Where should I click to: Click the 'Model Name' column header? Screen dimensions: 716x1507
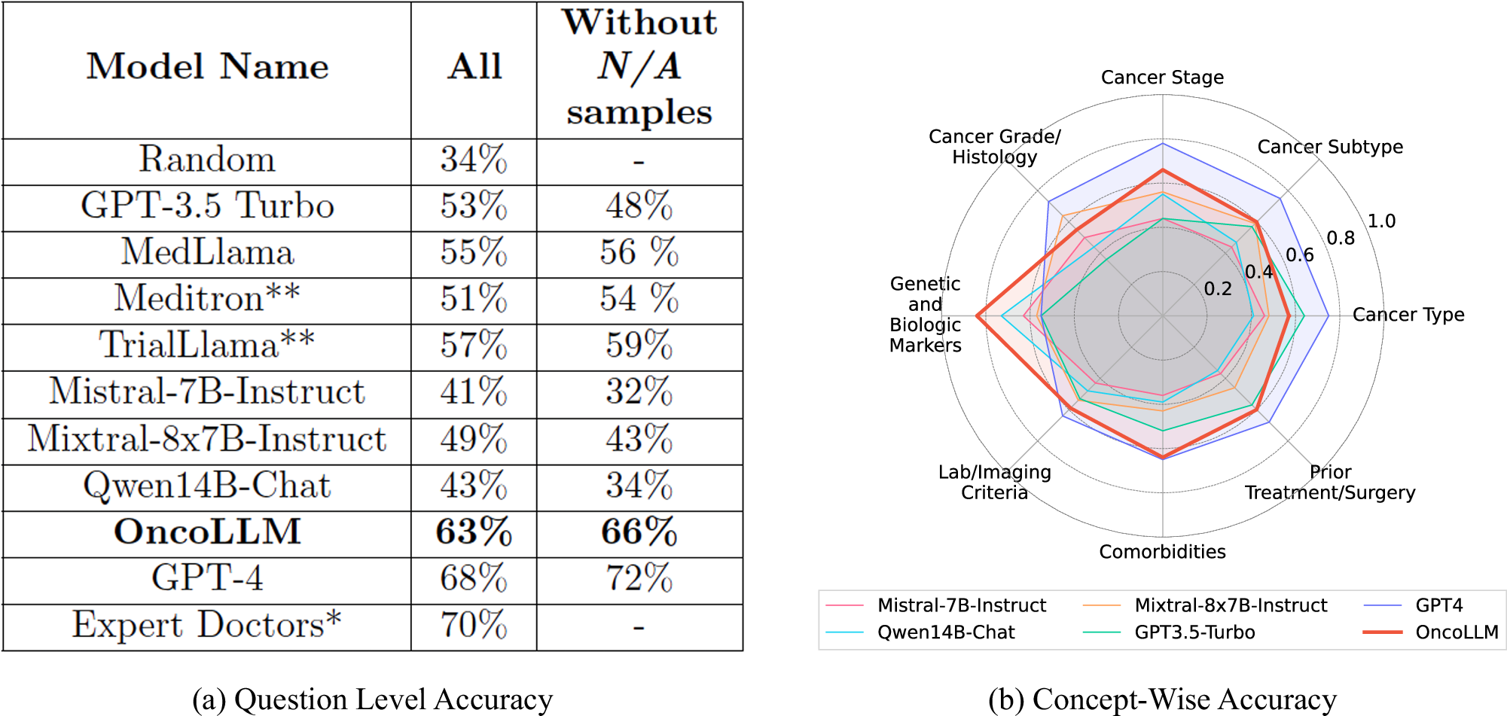tap(207, 67)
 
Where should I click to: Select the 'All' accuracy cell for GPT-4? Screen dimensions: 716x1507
tap(474, 579)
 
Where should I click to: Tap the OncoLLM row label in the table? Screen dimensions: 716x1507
tap(207, 532)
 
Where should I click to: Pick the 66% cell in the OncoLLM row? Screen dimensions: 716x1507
tap(639, 532)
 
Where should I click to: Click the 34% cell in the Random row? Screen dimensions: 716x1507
tap(474, 160)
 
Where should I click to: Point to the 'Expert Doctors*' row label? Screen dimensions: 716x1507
tap(207, 625)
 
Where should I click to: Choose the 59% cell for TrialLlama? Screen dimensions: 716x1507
tap(639, 346)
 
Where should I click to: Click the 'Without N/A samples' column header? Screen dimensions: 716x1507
tap(639, 67)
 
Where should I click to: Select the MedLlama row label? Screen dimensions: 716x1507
tap(207, 252)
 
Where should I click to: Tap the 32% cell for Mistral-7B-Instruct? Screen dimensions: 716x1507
tap(639, 392)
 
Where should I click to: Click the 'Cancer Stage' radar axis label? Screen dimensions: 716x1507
tap(1162, 78)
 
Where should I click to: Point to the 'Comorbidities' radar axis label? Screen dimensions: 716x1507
tap(1162, 552)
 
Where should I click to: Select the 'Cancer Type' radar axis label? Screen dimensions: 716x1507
tap(1408, 315)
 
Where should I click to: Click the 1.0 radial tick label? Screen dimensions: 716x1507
tap(1381, 221)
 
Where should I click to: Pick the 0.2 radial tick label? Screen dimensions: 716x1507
tap(1218, 289)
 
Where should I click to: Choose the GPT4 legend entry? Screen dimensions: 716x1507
tap(1438, 605)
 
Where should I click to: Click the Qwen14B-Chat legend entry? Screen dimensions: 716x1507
tap(946, 632)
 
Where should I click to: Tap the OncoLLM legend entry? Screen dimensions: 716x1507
tap(1457, 632)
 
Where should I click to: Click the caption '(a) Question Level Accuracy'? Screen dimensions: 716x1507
tap(372, 699)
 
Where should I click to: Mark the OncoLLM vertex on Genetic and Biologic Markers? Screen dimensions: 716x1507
tap(977, 316)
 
